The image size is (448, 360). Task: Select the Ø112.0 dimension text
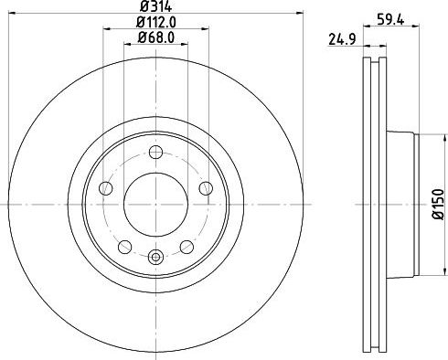tap(155, 23)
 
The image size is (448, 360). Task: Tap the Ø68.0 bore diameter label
tap(155, 37)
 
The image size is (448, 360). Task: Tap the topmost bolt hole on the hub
tap(155, 153)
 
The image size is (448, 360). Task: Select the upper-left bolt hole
tap(106, 187)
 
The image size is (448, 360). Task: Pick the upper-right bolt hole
tap(203, 187)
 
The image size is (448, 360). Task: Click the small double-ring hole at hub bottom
tap(155, 258)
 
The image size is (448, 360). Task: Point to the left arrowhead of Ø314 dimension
tap(11, 14)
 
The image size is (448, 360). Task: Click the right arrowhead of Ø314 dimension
tap(298, 14)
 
